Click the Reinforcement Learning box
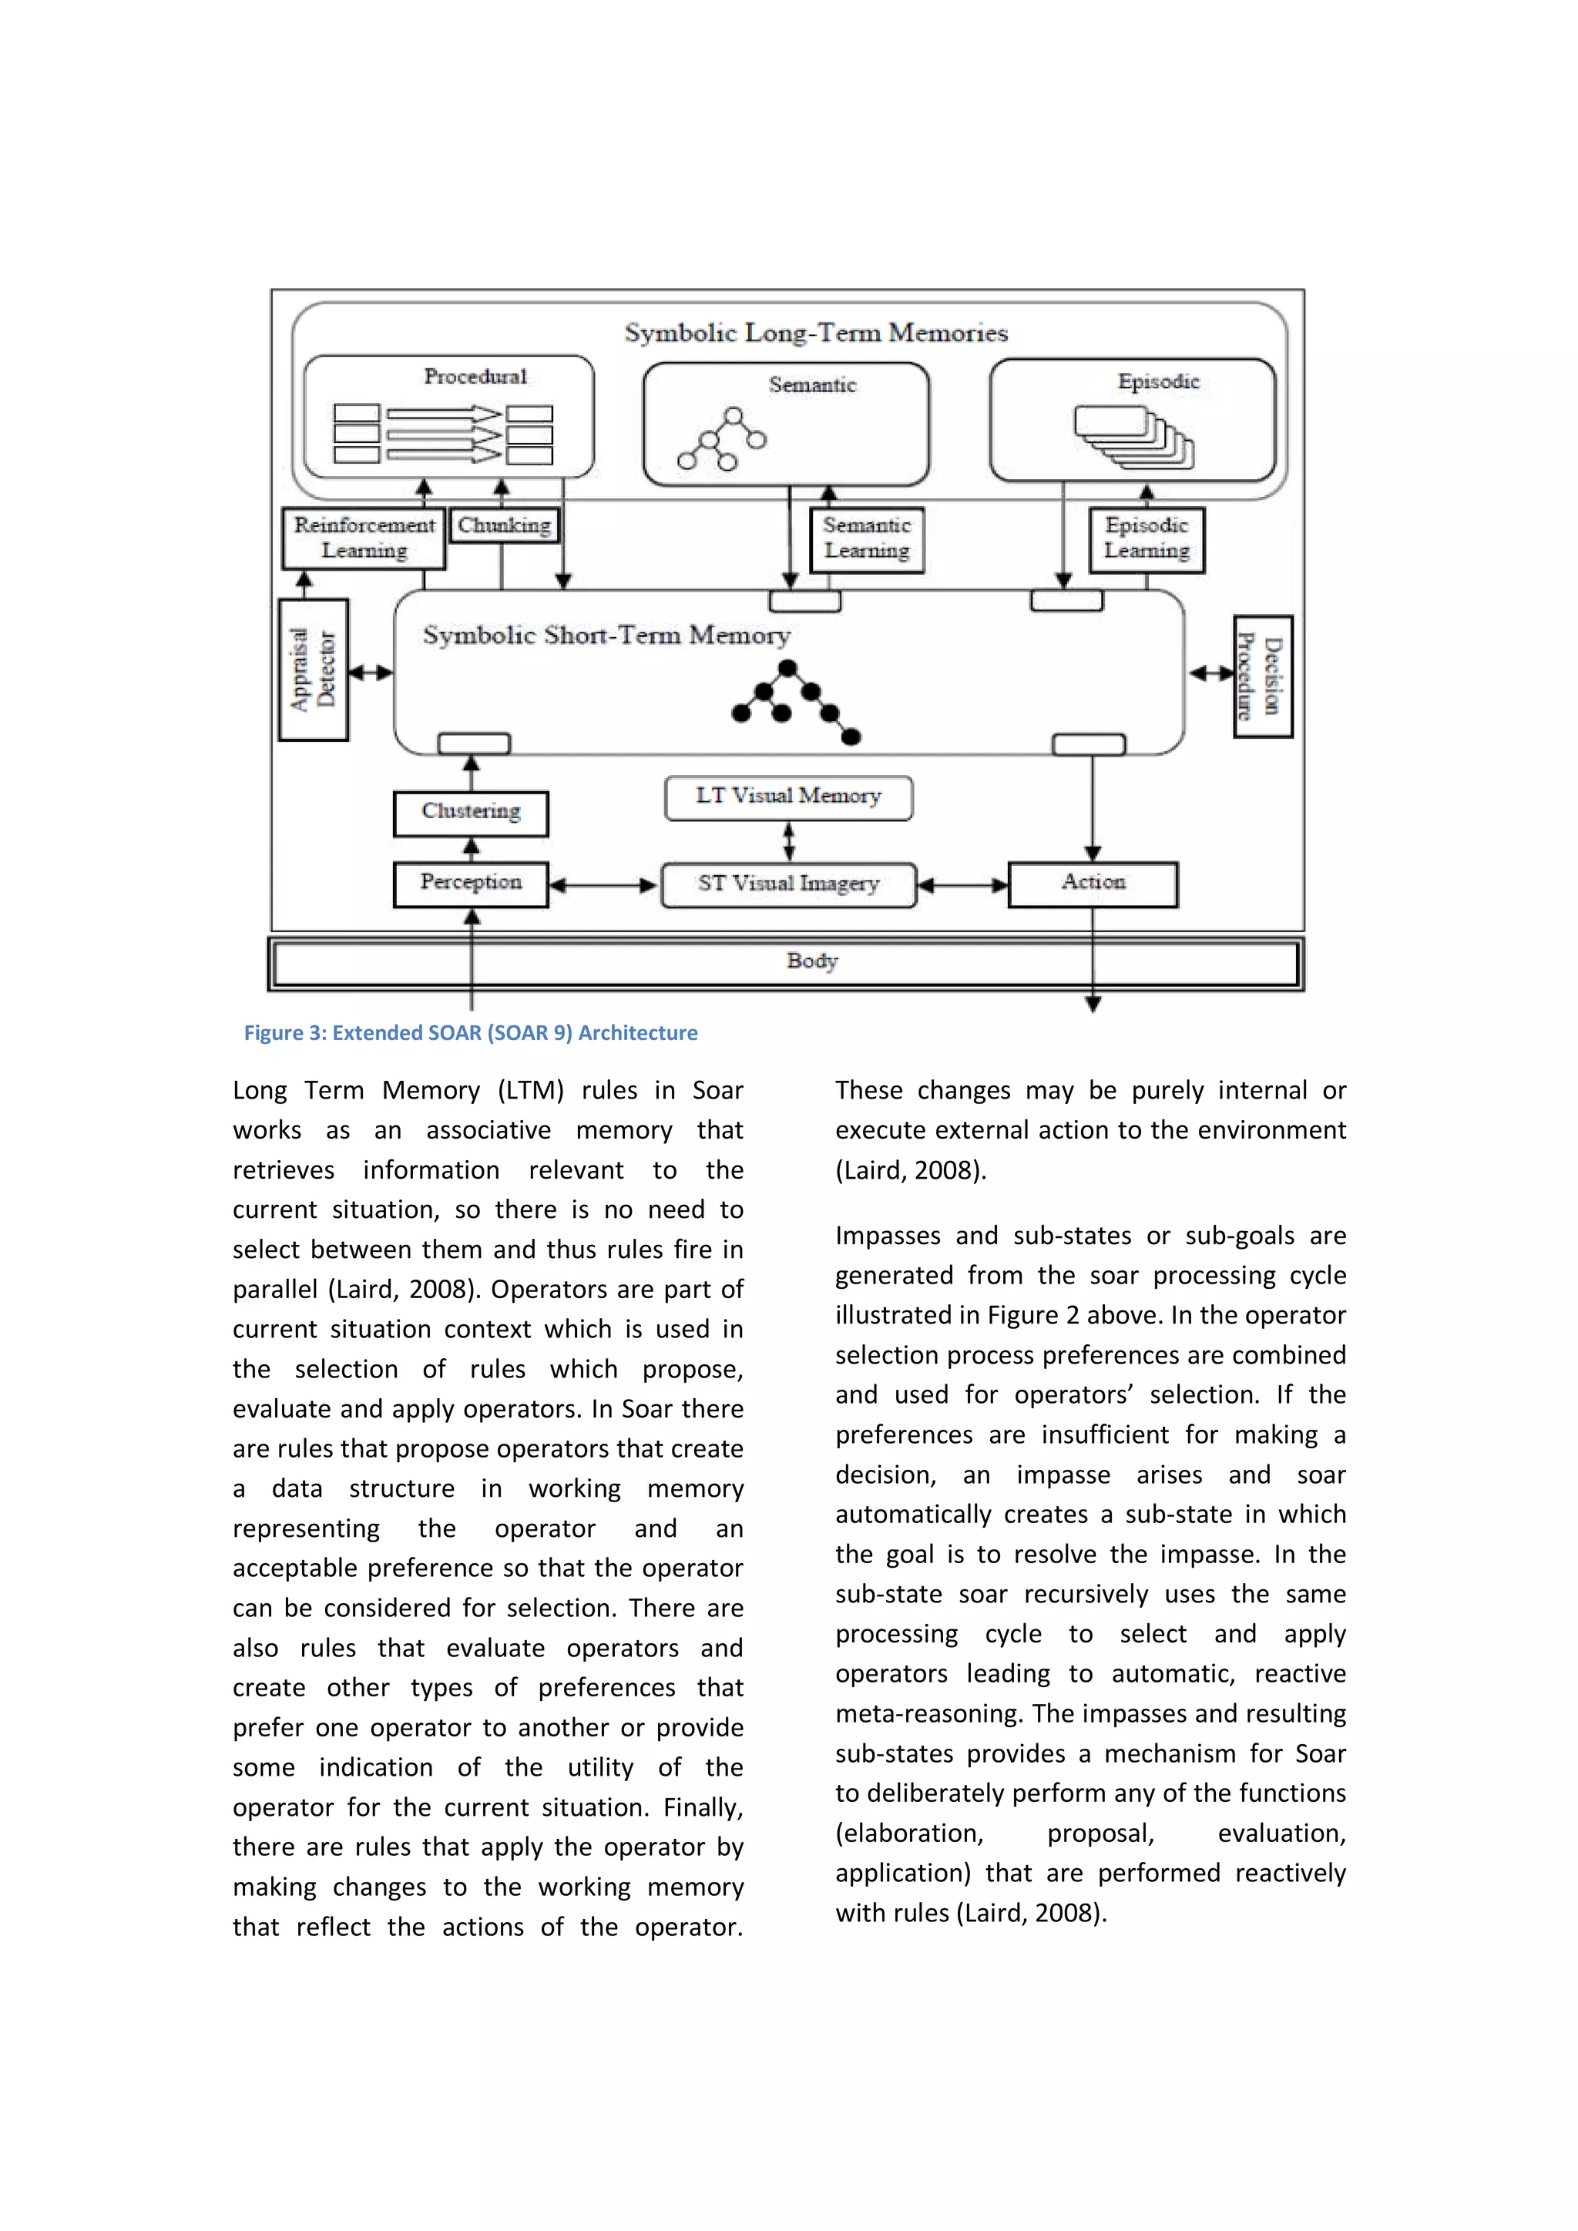click(364, 538)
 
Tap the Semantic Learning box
click(867, 538)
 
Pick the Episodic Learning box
click(1147, 538)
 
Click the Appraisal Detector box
click(313, 669)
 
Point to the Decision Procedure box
click(1262, 676)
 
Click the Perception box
click(472, 884)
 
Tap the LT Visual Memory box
click(788, 797)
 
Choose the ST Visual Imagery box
click(788, 884)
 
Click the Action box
click(1093, 884)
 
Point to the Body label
click(811, 961)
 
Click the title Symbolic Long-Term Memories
click(815, 334)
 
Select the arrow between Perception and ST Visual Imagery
click(603, 885)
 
